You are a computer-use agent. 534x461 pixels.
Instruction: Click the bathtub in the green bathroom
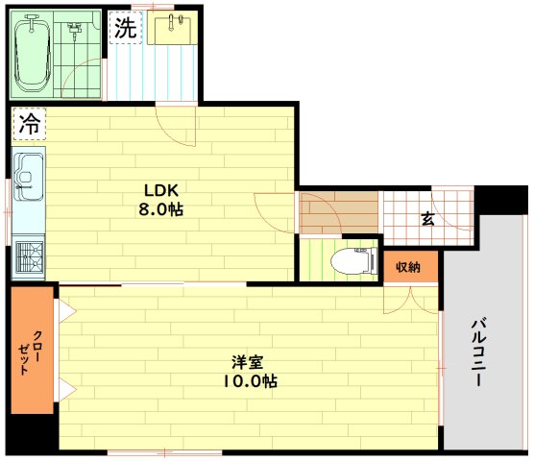pyautogui.click(x=33, y=55)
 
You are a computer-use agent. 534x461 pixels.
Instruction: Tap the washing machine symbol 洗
pyautogui.click(x=126, y=28)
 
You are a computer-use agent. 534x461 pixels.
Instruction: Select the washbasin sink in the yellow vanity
pyautogui.click(x=173, y=28)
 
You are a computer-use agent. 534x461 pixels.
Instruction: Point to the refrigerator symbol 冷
pyautogui.click(x=29, y=124)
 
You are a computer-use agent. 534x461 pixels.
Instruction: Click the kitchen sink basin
pyautogui.click(x=28, y=177)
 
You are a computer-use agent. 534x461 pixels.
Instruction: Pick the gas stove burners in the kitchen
pyautogui.click(x=30, y=256)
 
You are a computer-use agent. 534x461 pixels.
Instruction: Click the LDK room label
pyautogui.click(x=161, y=191)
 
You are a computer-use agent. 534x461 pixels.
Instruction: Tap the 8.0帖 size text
pyautogui.click(x=160, y=209)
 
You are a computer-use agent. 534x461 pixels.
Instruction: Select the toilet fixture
pyautogui.click(x=354, y=261)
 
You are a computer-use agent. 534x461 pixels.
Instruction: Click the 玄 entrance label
pyautogui.click(x=427, y=219)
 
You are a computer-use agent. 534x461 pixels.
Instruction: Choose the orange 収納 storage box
pyautogui.click(x=410, y=267)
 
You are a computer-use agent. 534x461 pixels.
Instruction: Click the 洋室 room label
pyautogui.click(x=248, y=362)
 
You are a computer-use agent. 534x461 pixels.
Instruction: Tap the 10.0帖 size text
pyautogui.click(x=250, y=381)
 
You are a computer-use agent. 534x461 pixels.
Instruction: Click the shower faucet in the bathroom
pyautogui.click(x=74, y=28)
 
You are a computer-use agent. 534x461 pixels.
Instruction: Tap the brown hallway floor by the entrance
pyautogui.click(x=338, y=213)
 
